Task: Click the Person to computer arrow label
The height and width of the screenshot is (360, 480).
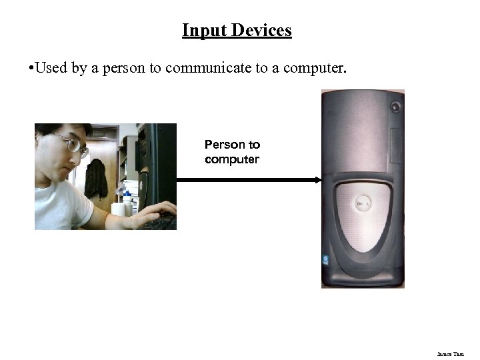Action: coord(232,152)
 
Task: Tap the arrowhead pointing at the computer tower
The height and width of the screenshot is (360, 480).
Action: coord(318,179)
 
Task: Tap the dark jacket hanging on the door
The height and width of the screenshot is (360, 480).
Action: coord(96,178)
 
